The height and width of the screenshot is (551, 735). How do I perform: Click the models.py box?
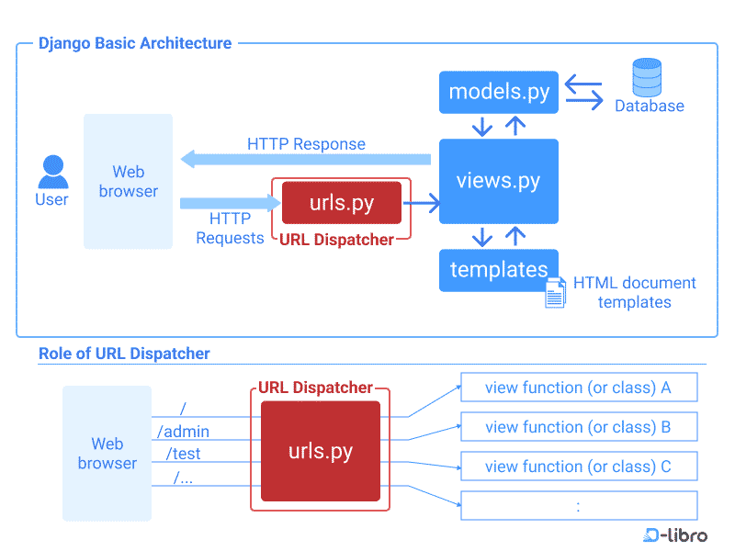click(x=499, y=92)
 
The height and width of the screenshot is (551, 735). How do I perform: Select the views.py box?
click(x=499, y=181)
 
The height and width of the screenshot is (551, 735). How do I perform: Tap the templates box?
click(x=499, y=270)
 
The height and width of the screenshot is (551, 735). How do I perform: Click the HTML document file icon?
click(x=555, y=292)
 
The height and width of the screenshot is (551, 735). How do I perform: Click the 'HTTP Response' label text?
click(x=306, y=144)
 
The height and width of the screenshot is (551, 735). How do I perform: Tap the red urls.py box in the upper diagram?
click(x=341, y=203)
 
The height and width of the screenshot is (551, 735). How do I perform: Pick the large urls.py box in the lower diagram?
click(x=320, y=451)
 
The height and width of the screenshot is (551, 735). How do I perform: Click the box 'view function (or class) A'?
click(x=578, y=388)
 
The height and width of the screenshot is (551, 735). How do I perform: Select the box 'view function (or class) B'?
click(x=578, y=427)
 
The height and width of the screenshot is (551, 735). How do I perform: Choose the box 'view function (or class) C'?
click(x=578, y=467)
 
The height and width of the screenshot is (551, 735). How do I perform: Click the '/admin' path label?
click(x=183, y=431)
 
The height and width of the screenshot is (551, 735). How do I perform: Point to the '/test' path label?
click(x=183, y=454)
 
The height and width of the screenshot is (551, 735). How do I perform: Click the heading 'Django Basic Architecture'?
click(x=135, y=43)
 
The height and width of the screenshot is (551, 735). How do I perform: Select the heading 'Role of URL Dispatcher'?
click(x=124, y=354)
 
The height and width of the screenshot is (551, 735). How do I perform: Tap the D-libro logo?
click(x=675, y=534)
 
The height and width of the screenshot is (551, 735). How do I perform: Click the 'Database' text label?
click(x=650, y=106)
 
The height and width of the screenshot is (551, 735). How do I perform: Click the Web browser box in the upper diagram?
click(x=128, y=182)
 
